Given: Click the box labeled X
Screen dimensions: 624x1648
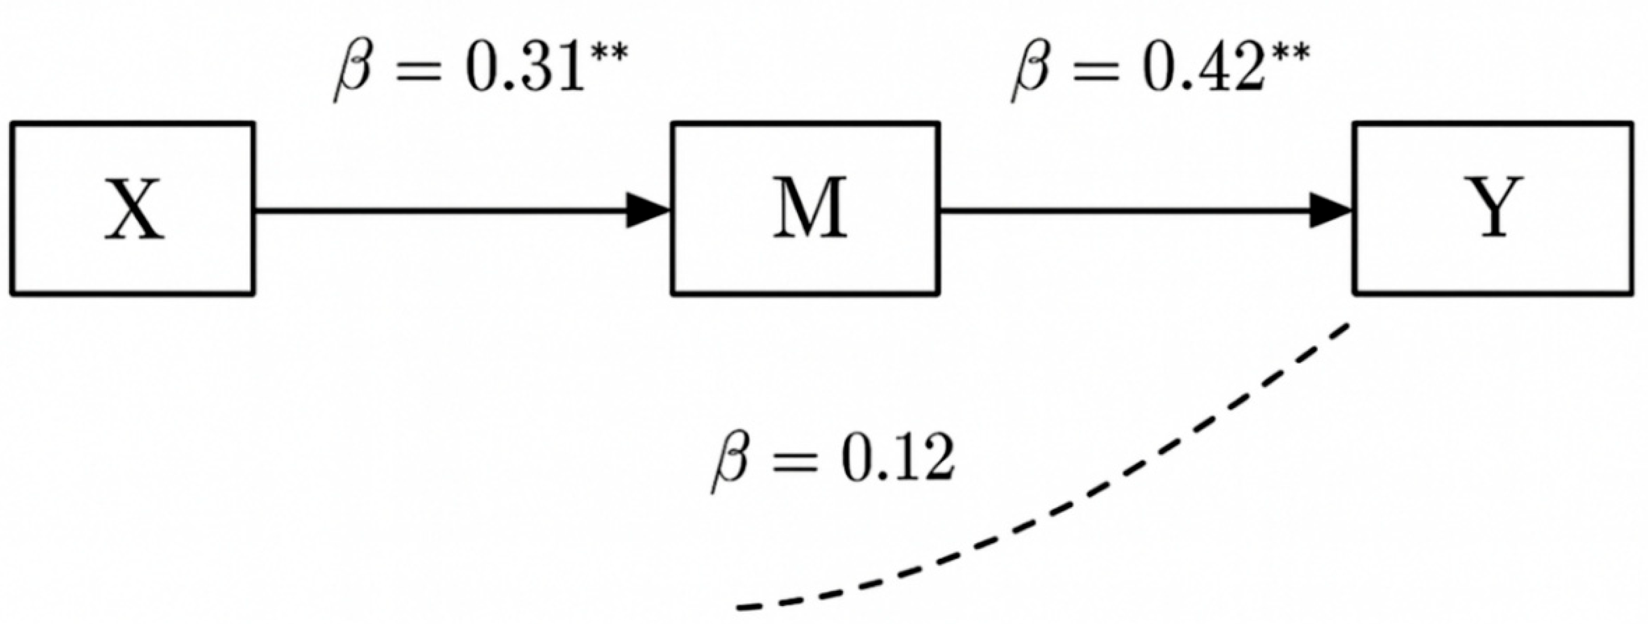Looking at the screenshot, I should [x=132, y=208].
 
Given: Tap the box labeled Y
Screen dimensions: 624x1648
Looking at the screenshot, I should [x=1493, y=208].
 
